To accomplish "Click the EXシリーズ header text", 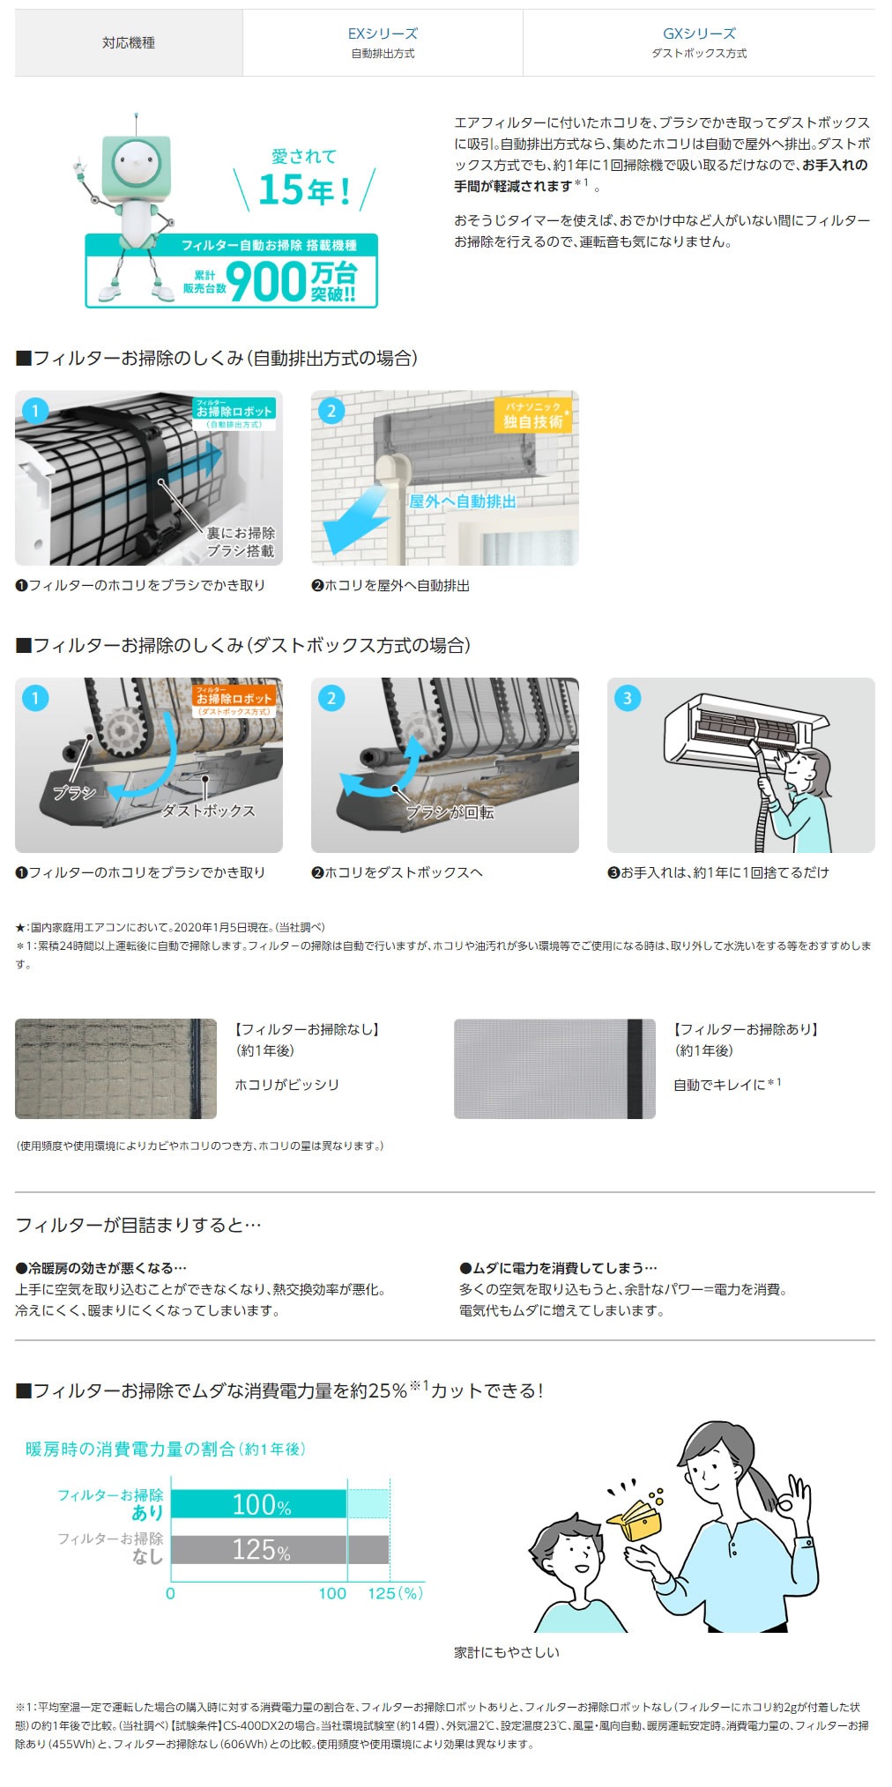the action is click(383, 33).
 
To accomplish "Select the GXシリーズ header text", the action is click(699, 33).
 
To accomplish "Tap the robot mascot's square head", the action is click(135, 161).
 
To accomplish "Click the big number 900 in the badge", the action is click(265, 282).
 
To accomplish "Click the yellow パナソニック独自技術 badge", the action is click(533, 415).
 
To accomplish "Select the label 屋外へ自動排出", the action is click(462, 501).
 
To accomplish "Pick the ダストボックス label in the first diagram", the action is click(209, 811).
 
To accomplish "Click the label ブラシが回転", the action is click(450, 812).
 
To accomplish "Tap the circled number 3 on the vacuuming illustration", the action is click(628, 699).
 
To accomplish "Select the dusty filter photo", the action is click(115, 1069).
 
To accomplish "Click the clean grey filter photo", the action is click(554, 1069).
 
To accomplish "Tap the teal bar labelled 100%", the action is click(259, 1504).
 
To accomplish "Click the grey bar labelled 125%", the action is click(280, 1549).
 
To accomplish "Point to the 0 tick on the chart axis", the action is click(170, 1593).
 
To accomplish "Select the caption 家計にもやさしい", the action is click(507, 1652).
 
